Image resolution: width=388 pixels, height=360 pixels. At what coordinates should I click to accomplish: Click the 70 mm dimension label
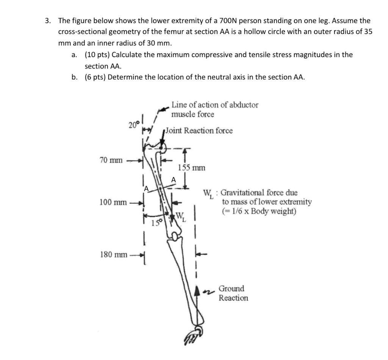[111, 161]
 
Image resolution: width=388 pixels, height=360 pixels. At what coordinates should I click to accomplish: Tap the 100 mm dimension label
[113, 202]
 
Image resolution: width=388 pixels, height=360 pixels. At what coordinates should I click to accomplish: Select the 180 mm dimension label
[113, 254]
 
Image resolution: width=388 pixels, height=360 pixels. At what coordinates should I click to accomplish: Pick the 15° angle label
[155, 223]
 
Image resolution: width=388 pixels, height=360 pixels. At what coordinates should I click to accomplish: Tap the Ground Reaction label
[233, 293]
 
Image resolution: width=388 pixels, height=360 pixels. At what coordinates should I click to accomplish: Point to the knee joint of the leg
[175, 237]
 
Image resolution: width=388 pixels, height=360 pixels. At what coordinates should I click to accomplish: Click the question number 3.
[48, 21]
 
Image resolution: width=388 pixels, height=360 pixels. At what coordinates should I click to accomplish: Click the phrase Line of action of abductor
[215, 105]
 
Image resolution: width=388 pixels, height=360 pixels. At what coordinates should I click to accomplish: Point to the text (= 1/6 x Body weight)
[259, 211]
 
